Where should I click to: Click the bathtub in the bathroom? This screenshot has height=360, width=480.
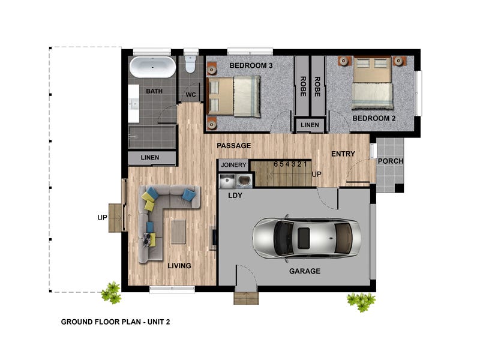pyautogui.click(x=152, y=67)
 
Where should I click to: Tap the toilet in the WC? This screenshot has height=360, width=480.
pyautogui.click(x=190, y=64)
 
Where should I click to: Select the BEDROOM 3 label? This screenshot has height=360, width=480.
pyautogui.click(x=251, y=65)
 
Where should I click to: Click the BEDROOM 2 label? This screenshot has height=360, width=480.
pyautogui.click(x=374, y=118)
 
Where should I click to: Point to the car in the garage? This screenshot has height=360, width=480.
pyautogui.click(x=307, y=238)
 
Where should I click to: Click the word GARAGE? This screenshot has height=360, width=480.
pyautogui.click(x=305, y=271)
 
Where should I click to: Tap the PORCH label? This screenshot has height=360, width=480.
pyautogui.click(x=391, y=161)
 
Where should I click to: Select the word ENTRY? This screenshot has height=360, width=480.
pyautogui.click(x=343, y=154)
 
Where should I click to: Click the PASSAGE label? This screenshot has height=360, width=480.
pyautogui.click(x=233, y=146)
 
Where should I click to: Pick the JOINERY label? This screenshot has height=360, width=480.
pyautogui.click(x=233, y=165)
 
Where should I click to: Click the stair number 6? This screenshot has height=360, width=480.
pyautogui.click(x=275, y=164)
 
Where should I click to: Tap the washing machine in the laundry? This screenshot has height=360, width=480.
pyautogui.click(x=244, y=181)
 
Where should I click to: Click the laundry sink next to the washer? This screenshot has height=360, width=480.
pyautogui.click(x=227, y=181)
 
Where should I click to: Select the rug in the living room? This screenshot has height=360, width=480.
pyautogui.click(x=178, y=232)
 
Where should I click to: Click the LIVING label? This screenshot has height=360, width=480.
pyautogui.click(x=179, y=266)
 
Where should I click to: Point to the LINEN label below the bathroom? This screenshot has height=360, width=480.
pyautogui.click(x=149, y=157)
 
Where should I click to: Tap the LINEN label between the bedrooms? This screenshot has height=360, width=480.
pyautogui.click(x=310, y=125)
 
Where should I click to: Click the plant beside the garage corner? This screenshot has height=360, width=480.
pyautogui.click(x=361, y=301)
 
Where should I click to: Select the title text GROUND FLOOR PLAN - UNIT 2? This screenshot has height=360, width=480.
pyautogui.click(x=115, y=322)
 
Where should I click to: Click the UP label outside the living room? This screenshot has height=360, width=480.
pyautogui.click(x=102, y=218)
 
